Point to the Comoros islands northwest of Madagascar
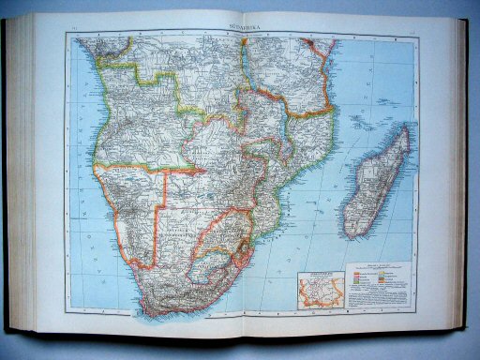[357, 120]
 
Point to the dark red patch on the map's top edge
[308, 41]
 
